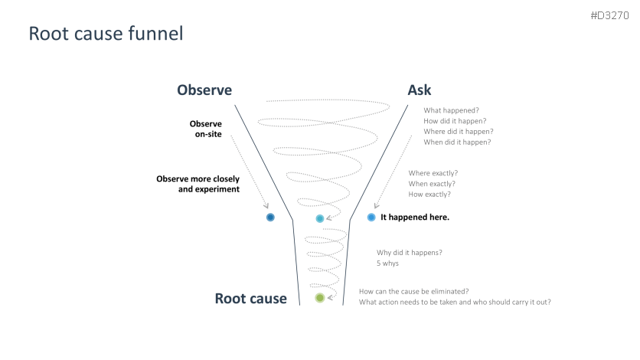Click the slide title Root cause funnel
pyautogui.click(x=106, y=34)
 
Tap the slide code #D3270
pyautogui.click(x=610, y=15)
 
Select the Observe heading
pyautogui.click(x=204, y=90)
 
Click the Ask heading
pyautogui.click(x=420, y=90)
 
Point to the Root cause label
pyautogui.click(x=250, y=299)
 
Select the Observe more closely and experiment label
pyautogui.click(x=198, y=184)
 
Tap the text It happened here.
pyautogui.click(x=415, y=218)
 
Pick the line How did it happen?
pyautogui.click(x=455, y=121)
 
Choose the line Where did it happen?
pyautogui.click(x=458, y=132)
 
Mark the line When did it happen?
pyautogui.click(x=457, y=142)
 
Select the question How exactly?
pyautogui.click(x=429, y=195)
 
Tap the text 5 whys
pyautogui.click(x=387, y=263)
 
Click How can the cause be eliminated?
pyautogui.click(x=413, y=291)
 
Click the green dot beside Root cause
pyautogui.click(x=320, y=298)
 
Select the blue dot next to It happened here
pyautogui.click(x=371, y=218)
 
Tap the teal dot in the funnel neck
pyautogui.click(x=320, y=218)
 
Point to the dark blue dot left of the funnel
pyautogui.click(x=270, y=218)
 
